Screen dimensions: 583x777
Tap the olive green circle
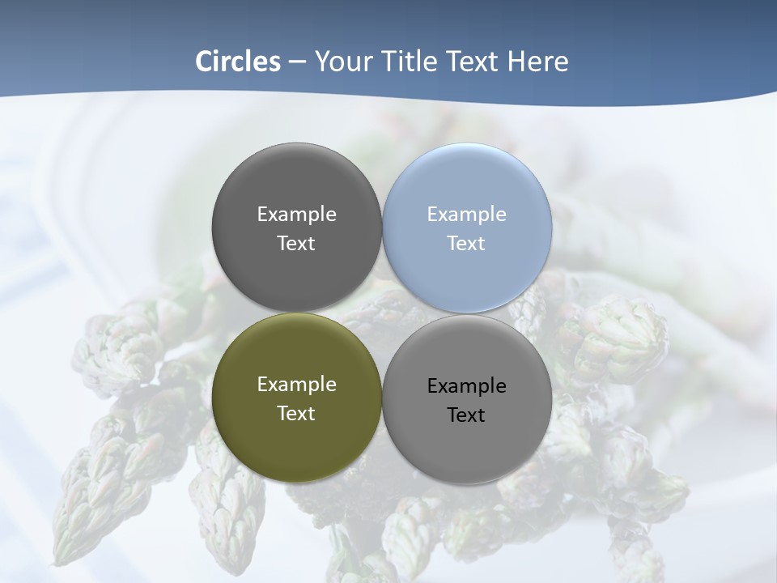tap(296, 441)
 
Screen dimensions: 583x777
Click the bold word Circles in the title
tap(238, 62)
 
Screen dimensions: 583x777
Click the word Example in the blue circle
tap(466, 215)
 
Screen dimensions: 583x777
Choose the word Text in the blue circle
tap(466, 243)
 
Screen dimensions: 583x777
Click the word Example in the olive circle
tap(296, 385)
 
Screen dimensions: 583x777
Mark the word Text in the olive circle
tap(296, 413)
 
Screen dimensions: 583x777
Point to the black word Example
tap(466, 386)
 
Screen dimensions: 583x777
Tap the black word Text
tap(466, 415)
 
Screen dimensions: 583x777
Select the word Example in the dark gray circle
tap(296, 215)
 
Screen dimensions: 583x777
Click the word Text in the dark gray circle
tap(296, 243)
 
